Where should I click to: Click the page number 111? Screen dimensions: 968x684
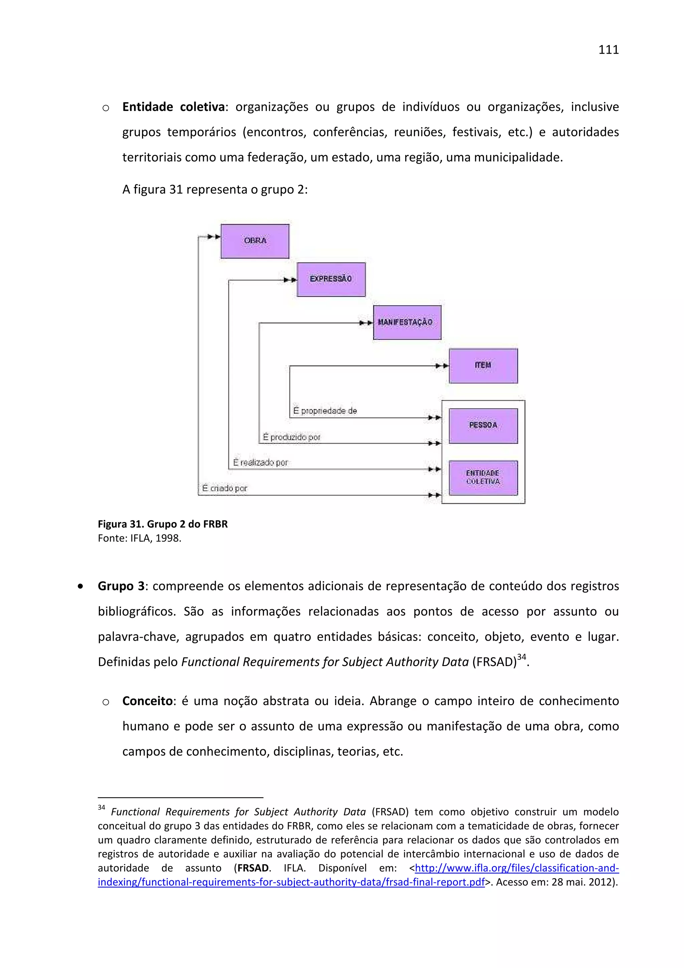608,50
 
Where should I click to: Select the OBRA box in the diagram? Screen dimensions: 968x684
255,241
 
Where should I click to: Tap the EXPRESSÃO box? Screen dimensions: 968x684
331,280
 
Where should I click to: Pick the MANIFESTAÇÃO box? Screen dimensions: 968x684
407,323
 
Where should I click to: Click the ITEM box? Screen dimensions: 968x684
483,365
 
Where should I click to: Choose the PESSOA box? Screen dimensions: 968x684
483,426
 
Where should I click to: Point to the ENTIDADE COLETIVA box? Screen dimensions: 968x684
483,478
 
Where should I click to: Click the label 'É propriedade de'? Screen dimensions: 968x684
325,411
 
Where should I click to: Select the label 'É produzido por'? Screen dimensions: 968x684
292,438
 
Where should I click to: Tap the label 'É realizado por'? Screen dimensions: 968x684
261,463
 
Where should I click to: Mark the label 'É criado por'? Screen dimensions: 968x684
225,489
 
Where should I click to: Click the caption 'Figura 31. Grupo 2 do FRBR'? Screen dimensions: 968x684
163,524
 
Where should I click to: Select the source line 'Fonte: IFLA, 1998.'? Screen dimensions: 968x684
140,538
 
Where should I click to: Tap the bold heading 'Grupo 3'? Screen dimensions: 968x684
121,586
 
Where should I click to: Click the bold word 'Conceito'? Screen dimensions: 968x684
148,701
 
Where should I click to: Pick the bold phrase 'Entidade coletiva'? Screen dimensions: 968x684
173,107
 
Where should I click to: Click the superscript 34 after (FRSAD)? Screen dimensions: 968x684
521,657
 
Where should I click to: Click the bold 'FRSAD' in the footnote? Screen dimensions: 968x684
253,868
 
